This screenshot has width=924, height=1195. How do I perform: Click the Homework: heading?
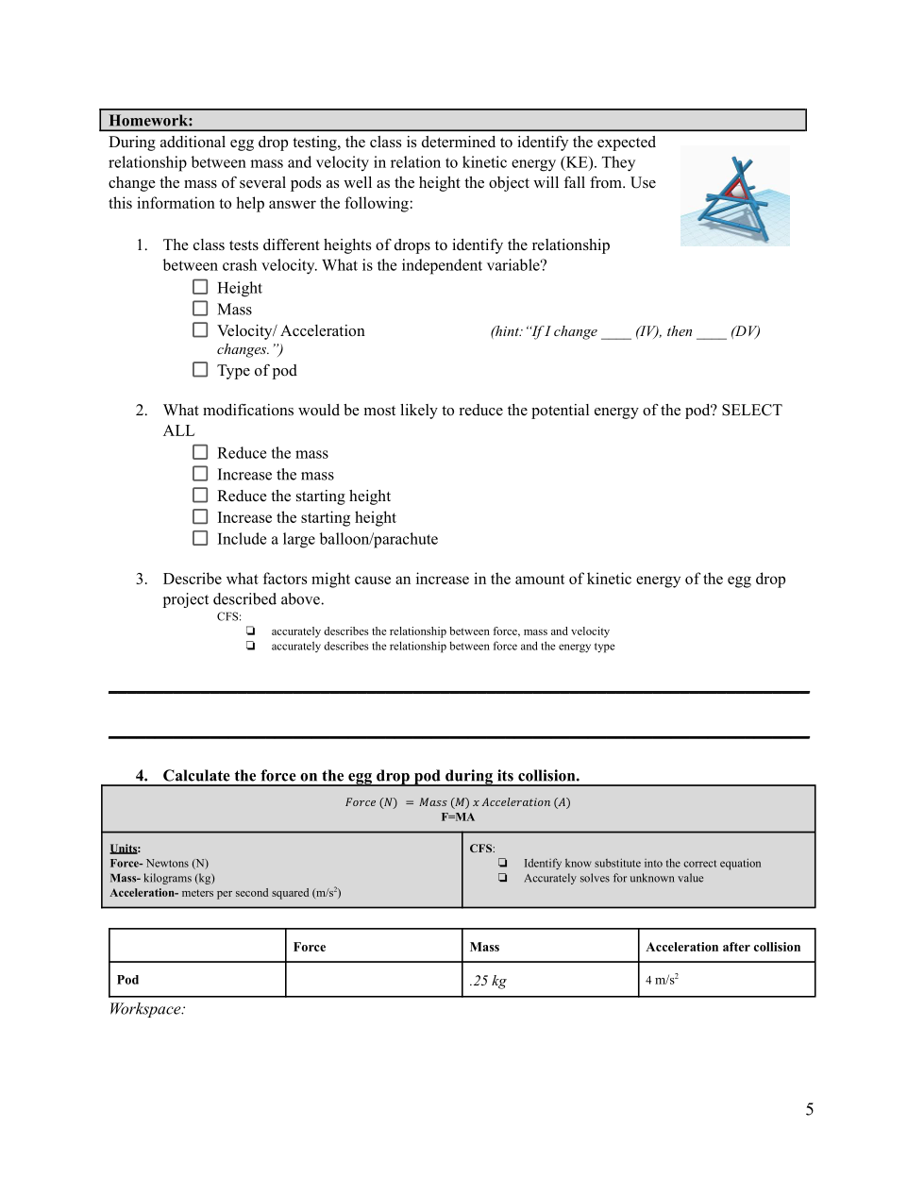coord(151,121)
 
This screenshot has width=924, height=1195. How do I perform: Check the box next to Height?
coord(200,287)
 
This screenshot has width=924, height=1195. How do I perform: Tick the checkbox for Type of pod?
coord(200,369)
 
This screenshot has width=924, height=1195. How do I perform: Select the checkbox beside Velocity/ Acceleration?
coord(200,329)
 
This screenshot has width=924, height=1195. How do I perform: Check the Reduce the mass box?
coord(200,452)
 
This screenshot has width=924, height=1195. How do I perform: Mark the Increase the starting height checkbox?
coord(200,516)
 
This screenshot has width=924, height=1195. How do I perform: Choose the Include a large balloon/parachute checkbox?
coord(200,538)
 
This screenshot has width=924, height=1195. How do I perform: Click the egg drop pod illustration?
coord(735,196)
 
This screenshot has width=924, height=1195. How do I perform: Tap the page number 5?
coord(809,1109)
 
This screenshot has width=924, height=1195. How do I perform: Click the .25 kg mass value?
coord(488,981)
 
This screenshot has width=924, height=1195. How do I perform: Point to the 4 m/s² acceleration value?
coord(662,980)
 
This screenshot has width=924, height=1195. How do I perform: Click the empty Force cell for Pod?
coord(373,980)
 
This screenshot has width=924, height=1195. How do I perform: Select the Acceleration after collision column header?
coord(723,947)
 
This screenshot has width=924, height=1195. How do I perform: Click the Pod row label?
coord(127,980)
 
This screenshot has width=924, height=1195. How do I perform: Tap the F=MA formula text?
coord(458,816)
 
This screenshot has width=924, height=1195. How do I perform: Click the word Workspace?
coord(147,1009)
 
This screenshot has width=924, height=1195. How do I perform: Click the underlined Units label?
coord(124,849)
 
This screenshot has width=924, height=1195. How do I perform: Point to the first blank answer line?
coord(459,692)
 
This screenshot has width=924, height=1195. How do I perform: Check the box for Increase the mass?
coord(200,474)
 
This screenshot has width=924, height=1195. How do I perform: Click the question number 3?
coord(141,579)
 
